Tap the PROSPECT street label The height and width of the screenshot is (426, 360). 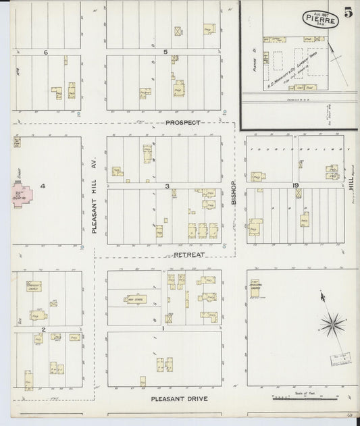pos(182,123)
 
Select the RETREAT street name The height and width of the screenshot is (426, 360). pos(188,255)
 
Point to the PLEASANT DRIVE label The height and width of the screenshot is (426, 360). pos(179,398)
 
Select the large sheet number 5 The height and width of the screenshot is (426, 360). pos(346,12)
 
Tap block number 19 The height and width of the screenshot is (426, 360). pos(296,185)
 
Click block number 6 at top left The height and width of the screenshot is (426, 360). pos(46,52)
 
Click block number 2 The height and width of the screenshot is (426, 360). pos(43,329)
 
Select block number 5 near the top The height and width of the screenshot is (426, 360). pos(165,52)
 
